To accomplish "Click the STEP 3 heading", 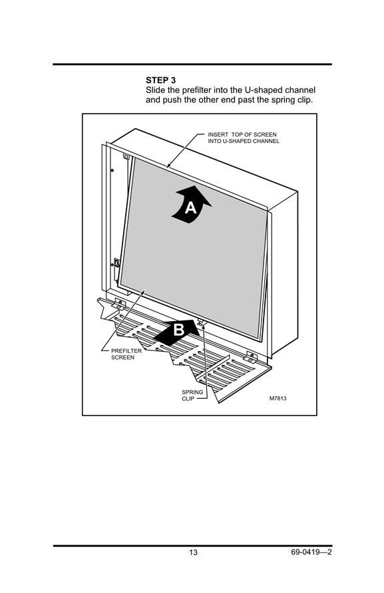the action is [x=160, y=80].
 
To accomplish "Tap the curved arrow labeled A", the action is [x=191, y=205].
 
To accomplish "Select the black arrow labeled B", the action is [x=177, y=332].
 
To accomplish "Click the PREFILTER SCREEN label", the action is [x=126, y=354].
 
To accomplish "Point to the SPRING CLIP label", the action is [x=192, y=396].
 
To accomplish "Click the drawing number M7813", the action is [x=278, y=398].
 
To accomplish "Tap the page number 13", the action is [x=193, y=552].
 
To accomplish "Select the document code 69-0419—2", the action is [x=311, y=552].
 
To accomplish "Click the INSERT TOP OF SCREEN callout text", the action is [x=243, y=138].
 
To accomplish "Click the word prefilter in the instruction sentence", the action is [x=196, y=90].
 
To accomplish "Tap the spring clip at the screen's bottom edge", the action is [x=201, y=322].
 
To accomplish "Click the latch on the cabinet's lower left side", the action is [x=116, y=264].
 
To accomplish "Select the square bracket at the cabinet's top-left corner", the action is [x=126, y=156].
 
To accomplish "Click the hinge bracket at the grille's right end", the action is [x=251, y=356].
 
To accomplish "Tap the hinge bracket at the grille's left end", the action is [x=120, y=302].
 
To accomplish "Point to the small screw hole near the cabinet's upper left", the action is [x=112, y=170].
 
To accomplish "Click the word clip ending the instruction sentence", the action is [x=305, y=100].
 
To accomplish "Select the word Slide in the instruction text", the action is [x=156, y=90].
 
